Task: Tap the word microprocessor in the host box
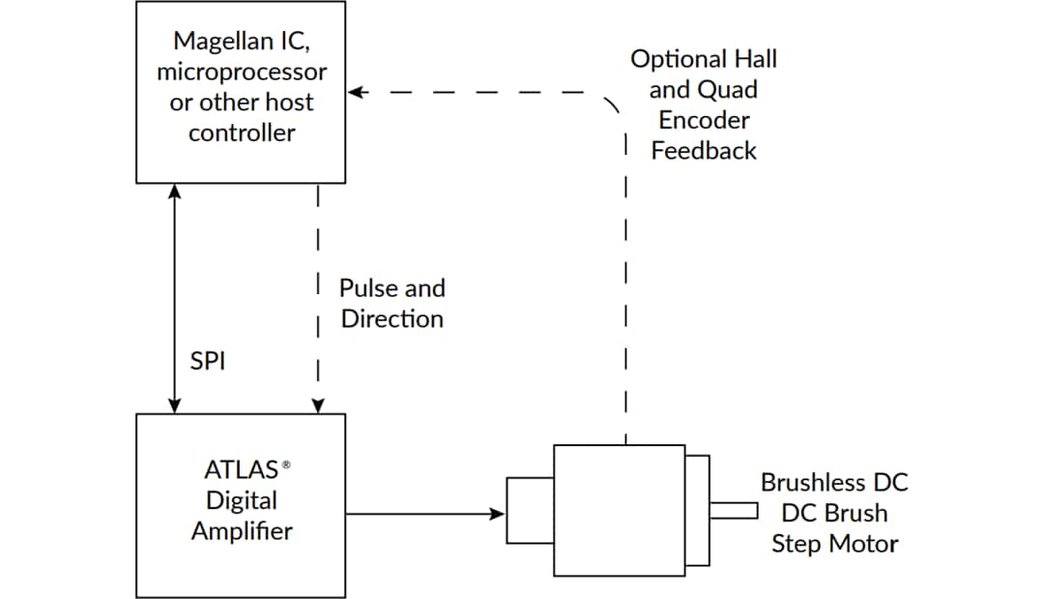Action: [x=242, y=72]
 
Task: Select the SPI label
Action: [x=209, y=362]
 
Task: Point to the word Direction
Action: [x=391, y=318]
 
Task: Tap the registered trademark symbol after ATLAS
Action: [x=286, y=465]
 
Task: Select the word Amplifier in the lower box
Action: [x=242, y=531]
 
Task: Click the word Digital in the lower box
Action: [x=242, y=500]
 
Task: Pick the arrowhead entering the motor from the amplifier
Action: [x=499, y=513]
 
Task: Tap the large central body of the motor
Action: [x=619, y=511]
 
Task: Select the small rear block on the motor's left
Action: [x=530, y=511]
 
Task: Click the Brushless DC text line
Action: [x=834, y=482]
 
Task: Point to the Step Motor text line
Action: [x=834, y=544]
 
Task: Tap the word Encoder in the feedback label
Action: [x=704, y=120]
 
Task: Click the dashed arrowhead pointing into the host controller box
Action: [x=355, y=93]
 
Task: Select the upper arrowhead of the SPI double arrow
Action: [x=174, y=191]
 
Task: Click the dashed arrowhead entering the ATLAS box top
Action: [x=318, y=407]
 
